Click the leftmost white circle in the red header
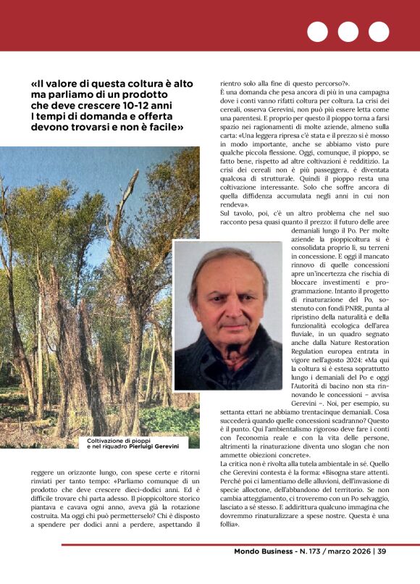click(317, 32)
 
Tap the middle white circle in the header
click(348, 32)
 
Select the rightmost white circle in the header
click(379, 32)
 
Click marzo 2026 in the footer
click(345, 551)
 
